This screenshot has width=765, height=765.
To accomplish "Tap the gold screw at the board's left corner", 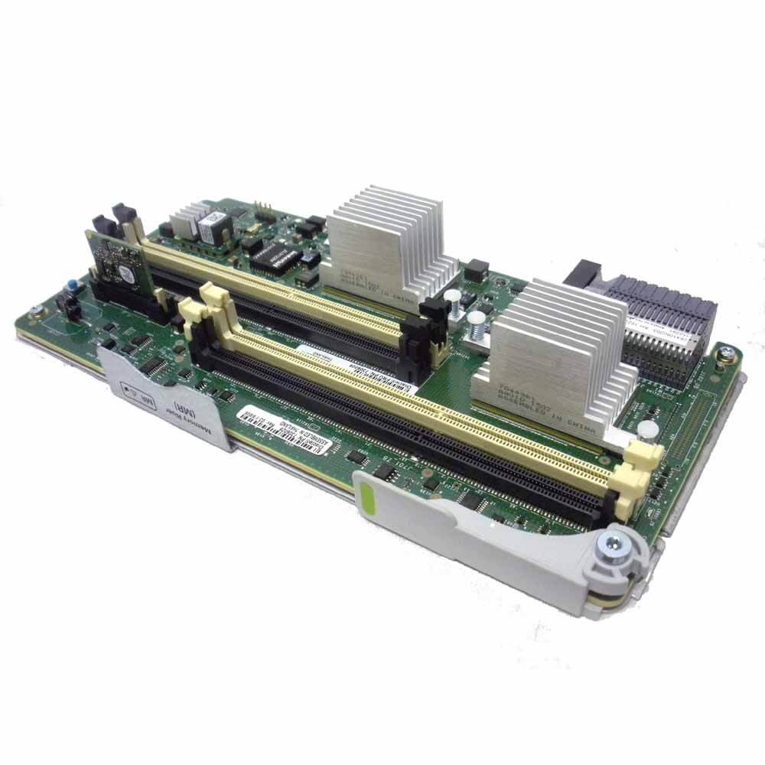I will point(34,311).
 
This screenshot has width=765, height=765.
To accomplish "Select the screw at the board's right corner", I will point(726,353).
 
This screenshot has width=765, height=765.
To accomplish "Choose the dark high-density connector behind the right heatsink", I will point(658,321).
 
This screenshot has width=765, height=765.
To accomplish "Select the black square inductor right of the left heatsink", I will point(476,269).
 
